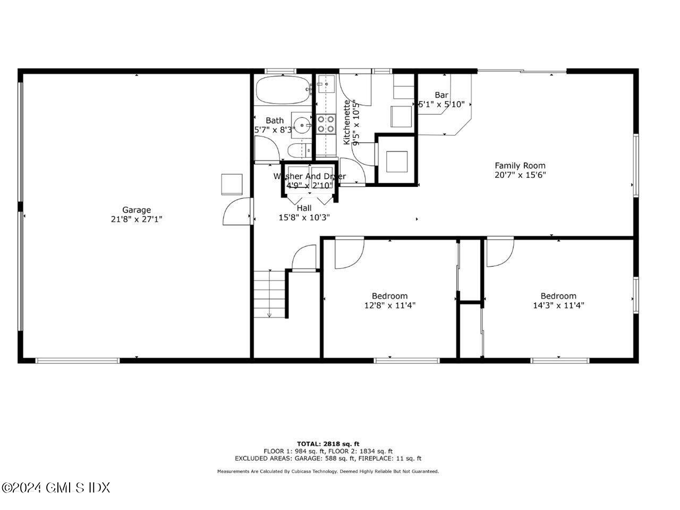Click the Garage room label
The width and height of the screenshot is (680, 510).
(x=137, y=210)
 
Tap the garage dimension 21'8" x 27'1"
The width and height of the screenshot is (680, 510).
(x=137, y=219)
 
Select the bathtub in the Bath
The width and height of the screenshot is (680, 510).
(x=283, y=90)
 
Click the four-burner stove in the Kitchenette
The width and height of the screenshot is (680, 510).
(x=326, y=124)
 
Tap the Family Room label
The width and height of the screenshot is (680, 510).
(x=520, y=165)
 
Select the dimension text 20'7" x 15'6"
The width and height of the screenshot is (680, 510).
(x=520, y=174)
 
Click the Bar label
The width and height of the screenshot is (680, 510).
(x=441, y=95)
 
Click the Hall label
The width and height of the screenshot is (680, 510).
(x=304, y=208)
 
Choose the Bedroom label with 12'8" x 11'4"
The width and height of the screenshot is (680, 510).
(x=389, y=296)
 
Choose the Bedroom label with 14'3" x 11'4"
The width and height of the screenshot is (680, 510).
(x=558, y=296)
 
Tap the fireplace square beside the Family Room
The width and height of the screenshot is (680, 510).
(x=396, y=161)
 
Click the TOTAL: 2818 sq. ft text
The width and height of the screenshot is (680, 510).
(x=328, y=444)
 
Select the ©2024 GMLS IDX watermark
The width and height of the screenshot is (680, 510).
(x=55, y=487)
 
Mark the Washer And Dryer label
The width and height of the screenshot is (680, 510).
(x=309, y=176)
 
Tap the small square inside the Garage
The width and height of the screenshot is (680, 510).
(x=232, y=184)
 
